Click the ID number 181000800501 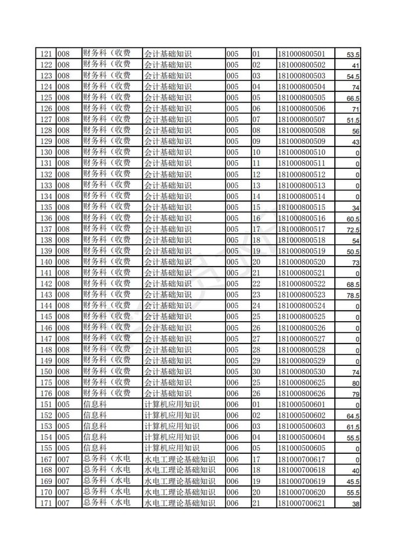pos(302,54)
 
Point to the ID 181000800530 pos(302,371)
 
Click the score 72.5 pos(353,229)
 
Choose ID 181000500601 pos(302,404)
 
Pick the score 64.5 pos(353,416)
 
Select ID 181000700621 pos(302,503)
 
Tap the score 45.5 pos(353,481)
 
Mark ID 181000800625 pos(302,382)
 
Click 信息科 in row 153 pos(95,426)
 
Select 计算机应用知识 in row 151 pos(172,404)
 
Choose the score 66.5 pos(353,98)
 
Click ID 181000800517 pos(302,229)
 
